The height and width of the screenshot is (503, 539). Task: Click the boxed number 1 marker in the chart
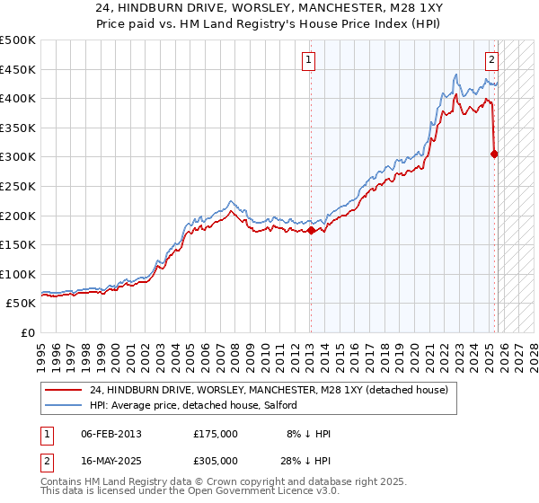(x=308, y=60)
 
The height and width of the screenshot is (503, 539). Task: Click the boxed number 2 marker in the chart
(x=492, y=60)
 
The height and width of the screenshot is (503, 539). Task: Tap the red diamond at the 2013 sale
(x=311, y=230)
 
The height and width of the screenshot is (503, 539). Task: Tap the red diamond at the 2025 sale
(x=494, y=154)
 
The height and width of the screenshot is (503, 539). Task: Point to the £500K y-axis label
(x=18, y=40)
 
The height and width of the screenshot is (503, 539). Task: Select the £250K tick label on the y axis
(x=18, y=186)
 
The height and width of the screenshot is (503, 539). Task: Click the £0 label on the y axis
(x=28, y=332)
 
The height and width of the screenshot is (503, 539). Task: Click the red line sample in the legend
(x=63, y=391)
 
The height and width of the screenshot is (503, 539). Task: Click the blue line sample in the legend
(x=63, y=407)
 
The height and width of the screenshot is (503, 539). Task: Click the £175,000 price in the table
(x=216, y=434)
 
